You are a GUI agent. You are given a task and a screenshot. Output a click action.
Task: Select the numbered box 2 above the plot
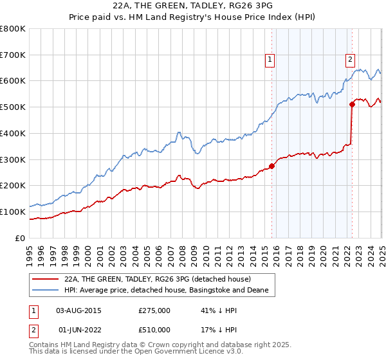click(350, 60)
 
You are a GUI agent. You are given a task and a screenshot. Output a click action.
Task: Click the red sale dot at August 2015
click(271, 166)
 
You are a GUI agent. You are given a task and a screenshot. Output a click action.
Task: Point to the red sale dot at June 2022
click(352, 104)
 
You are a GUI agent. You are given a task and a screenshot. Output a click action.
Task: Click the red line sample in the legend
click(46, 279)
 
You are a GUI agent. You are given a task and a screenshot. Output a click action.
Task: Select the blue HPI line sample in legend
click(46, 291)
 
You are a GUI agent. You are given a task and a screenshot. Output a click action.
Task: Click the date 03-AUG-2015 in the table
click(79, 310)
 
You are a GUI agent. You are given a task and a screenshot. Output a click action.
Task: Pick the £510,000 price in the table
click(154, 330)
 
